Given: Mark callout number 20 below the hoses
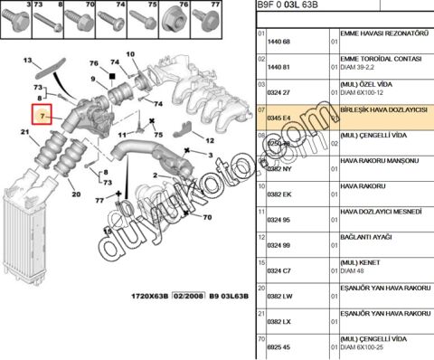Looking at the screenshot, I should click(x=75, y=195).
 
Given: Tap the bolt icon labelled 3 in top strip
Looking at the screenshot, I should click(x=14, y=18).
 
